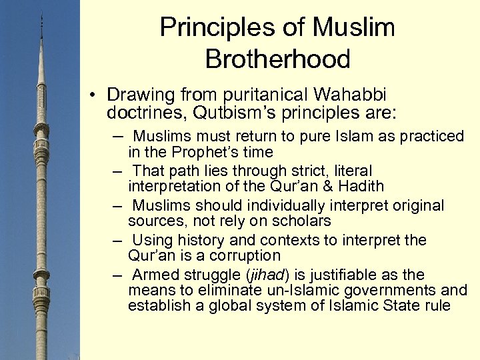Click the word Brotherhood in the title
[x=277, y=59]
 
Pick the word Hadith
[x=361, y=186]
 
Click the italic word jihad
[x=267, y=275]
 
